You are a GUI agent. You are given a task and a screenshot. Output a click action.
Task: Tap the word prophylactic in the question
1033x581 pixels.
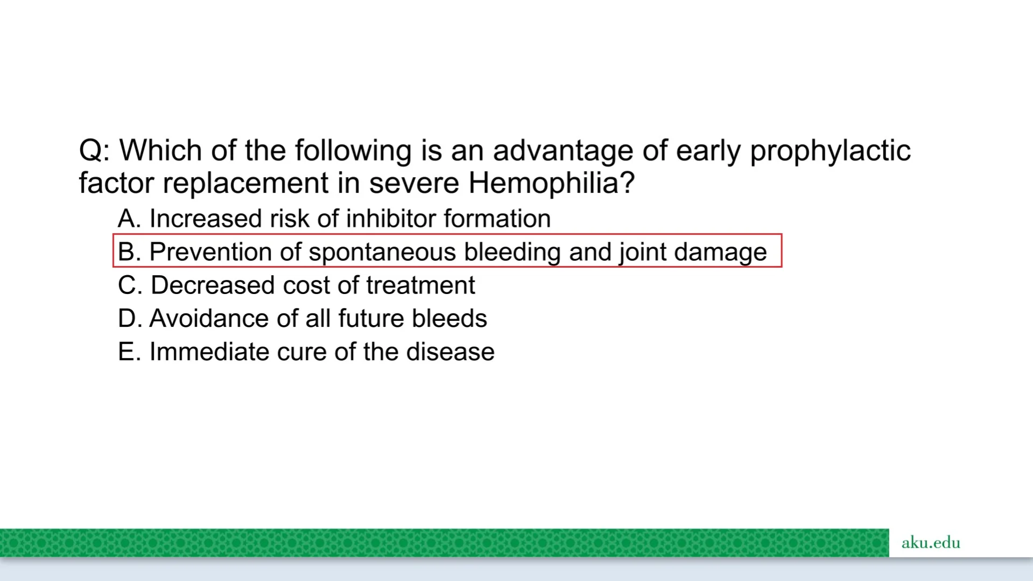click(830, 151)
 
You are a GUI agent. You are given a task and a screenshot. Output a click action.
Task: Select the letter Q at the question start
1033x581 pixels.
click(90, 151)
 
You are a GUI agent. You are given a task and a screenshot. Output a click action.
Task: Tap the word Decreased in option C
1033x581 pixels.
click(213, 285)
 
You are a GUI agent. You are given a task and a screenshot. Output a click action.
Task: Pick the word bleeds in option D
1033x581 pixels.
click(449, 319)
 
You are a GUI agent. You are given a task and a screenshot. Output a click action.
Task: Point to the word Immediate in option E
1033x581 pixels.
click(209, 352)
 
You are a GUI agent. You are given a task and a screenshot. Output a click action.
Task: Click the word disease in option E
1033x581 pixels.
click(450, 352)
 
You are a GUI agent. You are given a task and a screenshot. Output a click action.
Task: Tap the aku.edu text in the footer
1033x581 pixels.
click(931, 542)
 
